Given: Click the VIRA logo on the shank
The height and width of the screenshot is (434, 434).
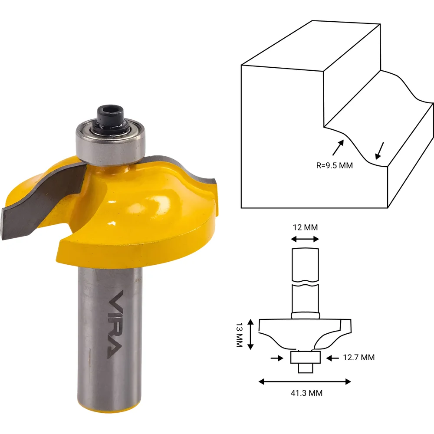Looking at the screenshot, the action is [x=114, y=324].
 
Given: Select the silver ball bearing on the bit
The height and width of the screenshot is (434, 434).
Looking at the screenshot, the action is [x=111, y=144].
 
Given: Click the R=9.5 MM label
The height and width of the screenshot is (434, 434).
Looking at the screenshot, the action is [x=334, y=165].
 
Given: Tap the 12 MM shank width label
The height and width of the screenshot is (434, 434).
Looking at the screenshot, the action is [x=305, y=227].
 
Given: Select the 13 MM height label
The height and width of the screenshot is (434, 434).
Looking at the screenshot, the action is [x=240, y=335].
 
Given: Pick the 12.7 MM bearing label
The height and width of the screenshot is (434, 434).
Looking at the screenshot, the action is [x=359, y=357].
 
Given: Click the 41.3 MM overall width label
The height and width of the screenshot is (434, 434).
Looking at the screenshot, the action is [x=306, y=393].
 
